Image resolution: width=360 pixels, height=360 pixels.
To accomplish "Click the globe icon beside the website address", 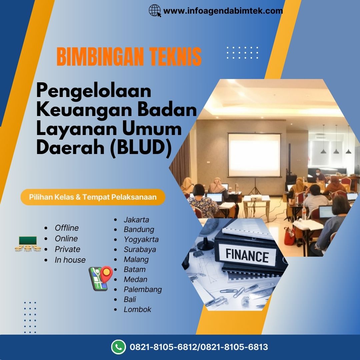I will (x=154, y=11).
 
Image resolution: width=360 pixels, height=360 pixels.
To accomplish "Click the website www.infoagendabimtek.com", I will (x=223, y=11).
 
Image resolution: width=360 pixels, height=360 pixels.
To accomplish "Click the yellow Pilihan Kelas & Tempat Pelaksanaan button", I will (x=93, y=197).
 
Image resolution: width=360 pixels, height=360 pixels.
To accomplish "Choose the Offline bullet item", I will (x=67, y=228).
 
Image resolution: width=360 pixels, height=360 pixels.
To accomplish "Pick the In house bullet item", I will (x=70, y=260).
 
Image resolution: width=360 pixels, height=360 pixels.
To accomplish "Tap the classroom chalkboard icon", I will (x=28, y=243).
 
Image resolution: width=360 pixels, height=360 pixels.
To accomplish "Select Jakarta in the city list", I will (x=136, y=220).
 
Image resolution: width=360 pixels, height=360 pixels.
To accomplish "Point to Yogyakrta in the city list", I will (x=141, y=239).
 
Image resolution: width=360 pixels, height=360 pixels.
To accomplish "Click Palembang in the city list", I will (x=143, y=289).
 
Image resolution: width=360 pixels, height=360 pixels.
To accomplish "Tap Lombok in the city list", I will (x=137, y=309).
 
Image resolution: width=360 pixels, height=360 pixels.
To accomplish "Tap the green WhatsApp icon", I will (x=118, y=347).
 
